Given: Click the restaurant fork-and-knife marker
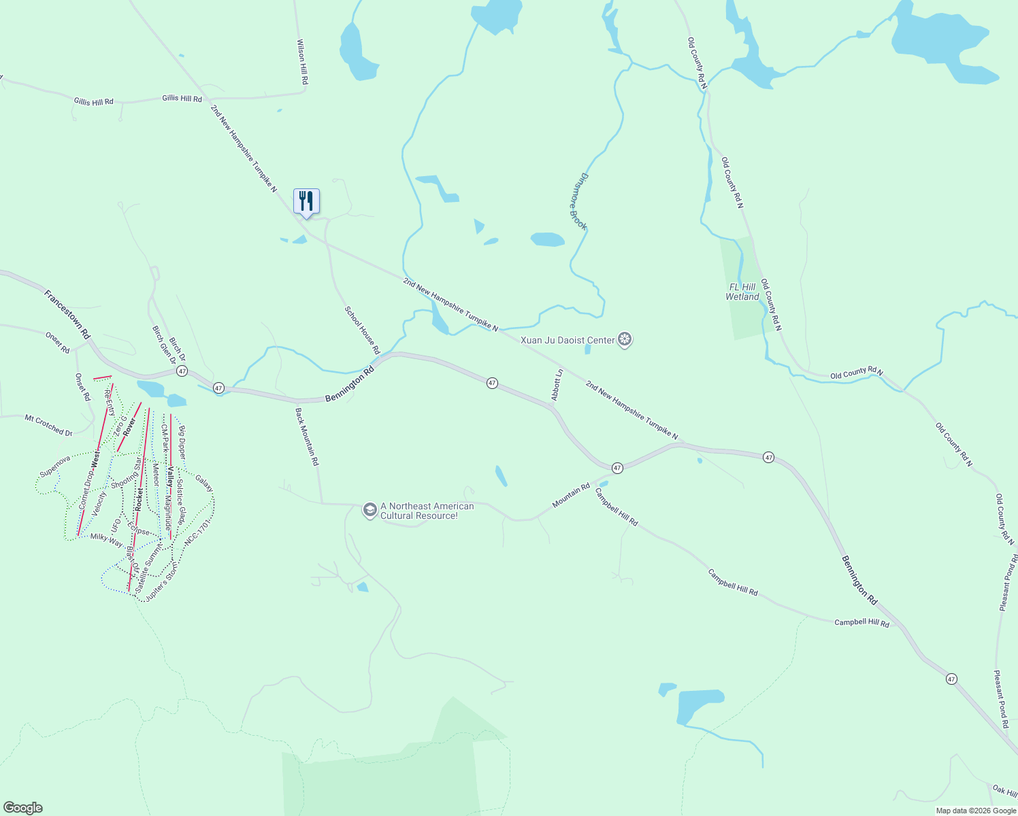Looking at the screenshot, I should (306, 201).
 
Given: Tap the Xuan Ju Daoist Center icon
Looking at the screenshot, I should (625, 340).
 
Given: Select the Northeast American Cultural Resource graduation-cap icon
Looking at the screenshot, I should (370, 510).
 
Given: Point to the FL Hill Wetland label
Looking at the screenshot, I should (742, 292).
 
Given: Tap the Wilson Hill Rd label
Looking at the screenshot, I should (303, 62).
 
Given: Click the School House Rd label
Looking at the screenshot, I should (362, 330).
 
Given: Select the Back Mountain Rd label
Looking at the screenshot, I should (307, 437).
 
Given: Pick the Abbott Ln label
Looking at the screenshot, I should (557, 385).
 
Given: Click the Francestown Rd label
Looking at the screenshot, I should (67, 314).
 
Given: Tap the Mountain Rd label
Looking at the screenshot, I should (571, 495).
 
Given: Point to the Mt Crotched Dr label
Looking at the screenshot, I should (48, 425).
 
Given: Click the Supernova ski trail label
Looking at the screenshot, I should (55, 466).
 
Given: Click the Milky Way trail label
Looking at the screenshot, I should (107, 540).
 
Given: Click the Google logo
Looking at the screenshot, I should (22, 808).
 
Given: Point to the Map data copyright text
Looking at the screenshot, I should (975, 811).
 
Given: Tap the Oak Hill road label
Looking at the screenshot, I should (1004, 791).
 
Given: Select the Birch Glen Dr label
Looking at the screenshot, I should (163, 345).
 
